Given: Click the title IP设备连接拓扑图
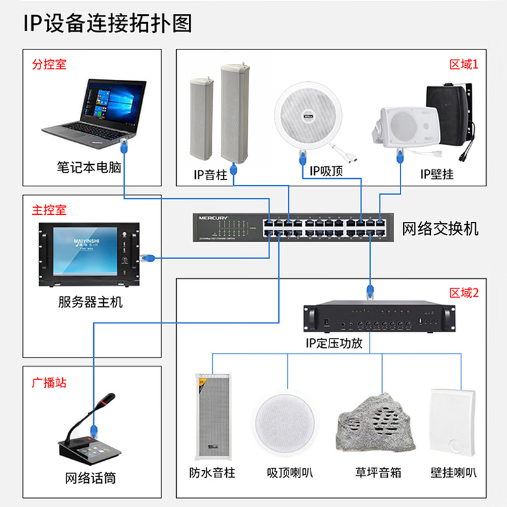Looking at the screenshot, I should [108, 23].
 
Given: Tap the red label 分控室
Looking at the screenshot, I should [49, 64].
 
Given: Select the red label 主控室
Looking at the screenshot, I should [49, 210].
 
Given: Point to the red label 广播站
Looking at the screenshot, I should [49, 383].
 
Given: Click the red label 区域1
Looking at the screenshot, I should [464, 65].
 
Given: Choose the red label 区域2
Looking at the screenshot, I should [464, 293].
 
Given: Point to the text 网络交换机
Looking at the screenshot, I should [440, 229].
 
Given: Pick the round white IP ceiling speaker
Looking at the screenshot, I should [308, 116].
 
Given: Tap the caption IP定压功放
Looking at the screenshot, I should [334, 343].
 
